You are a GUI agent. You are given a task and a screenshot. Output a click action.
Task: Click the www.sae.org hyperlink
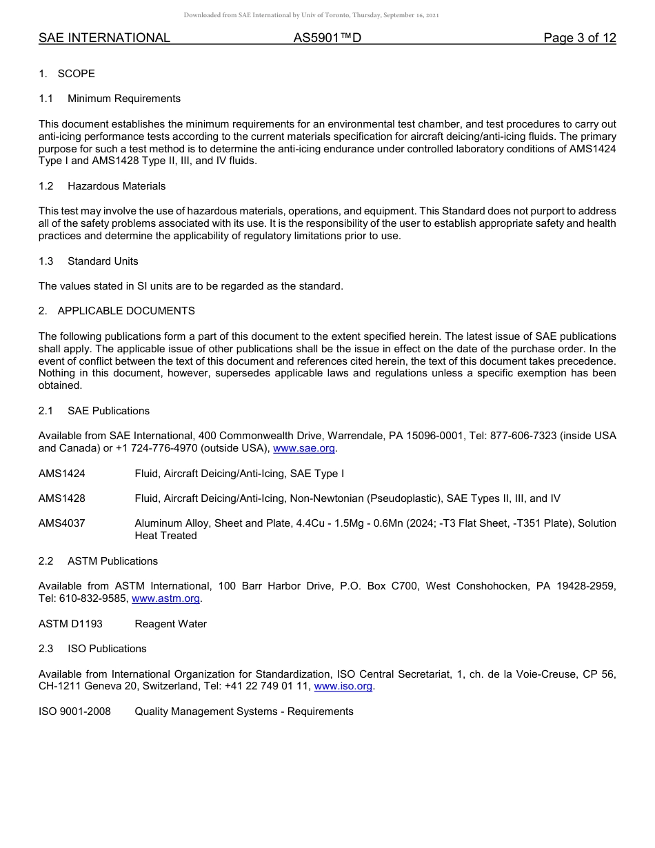[304, 449]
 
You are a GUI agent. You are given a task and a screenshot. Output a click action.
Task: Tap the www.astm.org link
[165, 599]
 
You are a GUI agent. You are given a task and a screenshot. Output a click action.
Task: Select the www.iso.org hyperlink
[343, 687]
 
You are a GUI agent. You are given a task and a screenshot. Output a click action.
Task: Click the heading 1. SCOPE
[67, 74]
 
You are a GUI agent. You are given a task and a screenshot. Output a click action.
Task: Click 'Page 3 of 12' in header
[579, 39]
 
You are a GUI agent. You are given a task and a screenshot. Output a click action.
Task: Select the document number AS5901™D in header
[327, 39]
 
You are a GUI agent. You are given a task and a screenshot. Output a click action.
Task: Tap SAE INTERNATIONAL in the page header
[104, 39]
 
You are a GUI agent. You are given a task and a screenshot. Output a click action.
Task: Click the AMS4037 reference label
[62, 523]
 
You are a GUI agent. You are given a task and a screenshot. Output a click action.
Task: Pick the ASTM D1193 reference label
[70, 624]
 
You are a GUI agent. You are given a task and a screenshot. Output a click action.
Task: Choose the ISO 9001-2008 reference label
[74, 711]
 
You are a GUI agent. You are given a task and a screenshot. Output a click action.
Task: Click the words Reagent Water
[170, 624]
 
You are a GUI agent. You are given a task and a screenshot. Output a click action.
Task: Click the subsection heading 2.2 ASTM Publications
[98, 561]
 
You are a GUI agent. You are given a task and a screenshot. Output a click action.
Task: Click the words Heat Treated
[165, 536]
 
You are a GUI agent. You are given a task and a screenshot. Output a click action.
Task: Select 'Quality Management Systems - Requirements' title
[243, 711]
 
